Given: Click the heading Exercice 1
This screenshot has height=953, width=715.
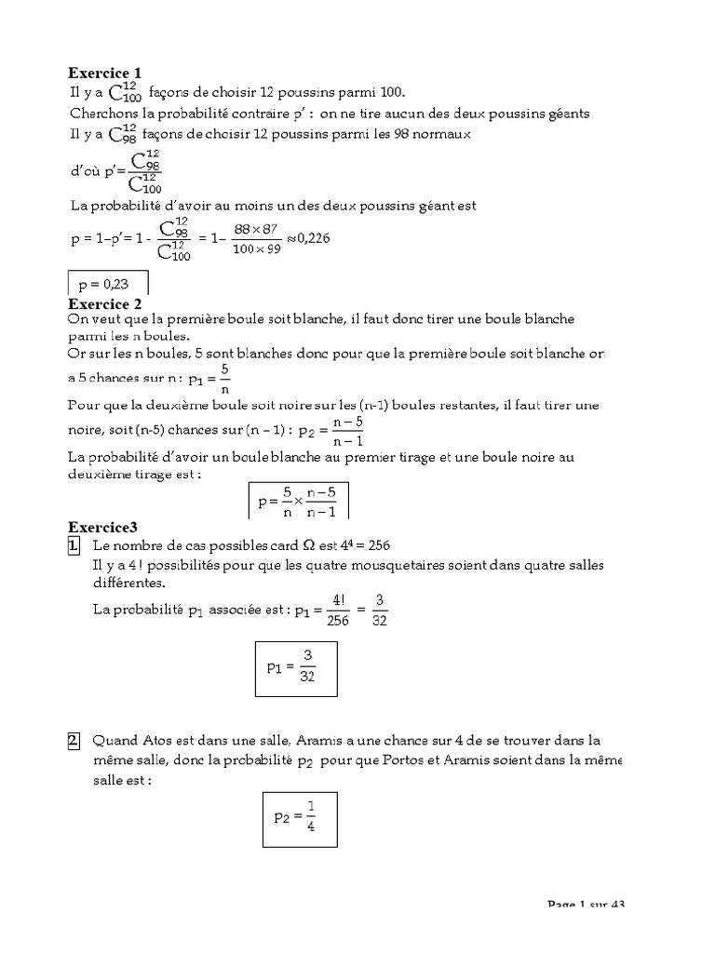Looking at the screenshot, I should [x=105, y=73].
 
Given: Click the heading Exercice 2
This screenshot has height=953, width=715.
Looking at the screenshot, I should [x=105, y=303].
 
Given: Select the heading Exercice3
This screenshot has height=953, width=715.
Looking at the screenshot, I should [x=102, y=527].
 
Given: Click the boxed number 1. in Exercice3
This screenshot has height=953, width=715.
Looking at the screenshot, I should [x=74, y=545].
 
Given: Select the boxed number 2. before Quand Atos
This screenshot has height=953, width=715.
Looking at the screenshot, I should [x=74, y=742].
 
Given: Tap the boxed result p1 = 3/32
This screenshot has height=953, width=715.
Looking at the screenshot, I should [x=297, y=667].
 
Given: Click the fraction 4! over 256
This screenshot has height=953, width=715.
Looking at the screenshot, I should [x=338, y=611].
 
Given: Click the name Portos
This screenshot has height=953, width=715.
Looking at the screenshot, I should [x=424, y=762].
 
